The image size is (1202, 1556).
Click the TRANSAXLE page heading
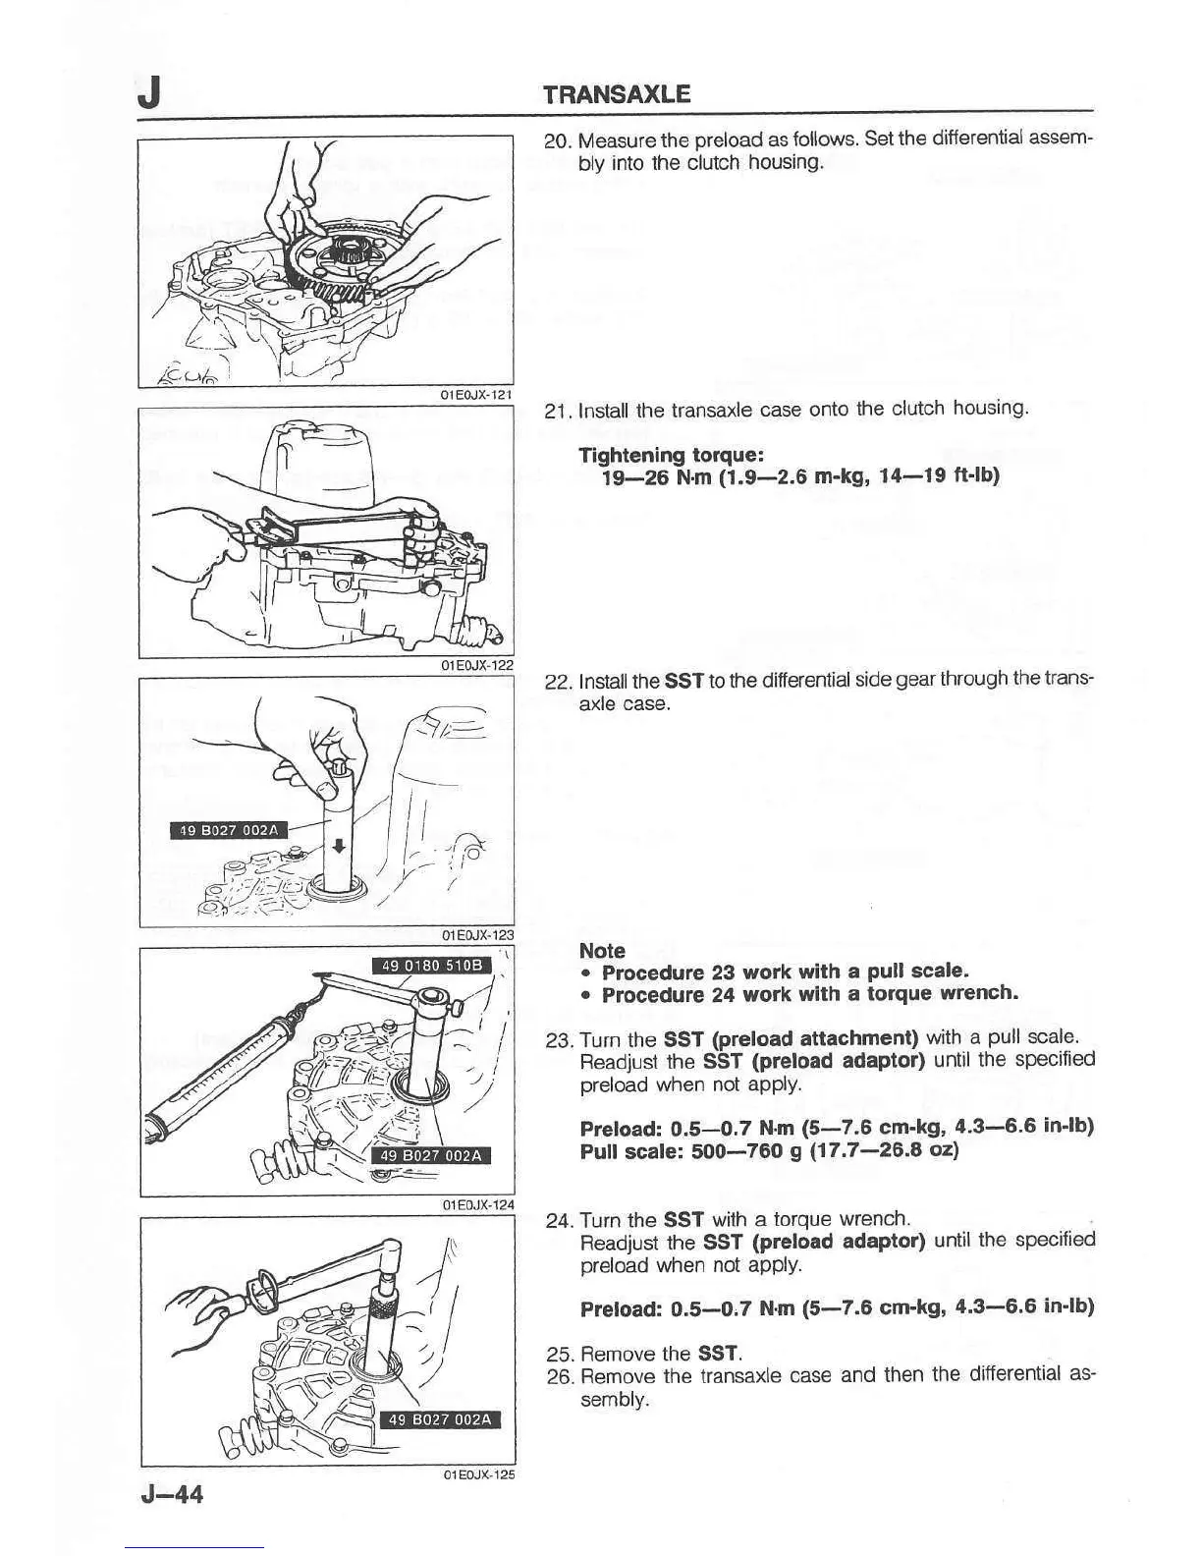618,94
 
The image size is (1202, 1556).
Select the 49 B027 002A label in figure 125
440,1419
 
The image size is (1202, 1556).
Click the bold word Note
602,950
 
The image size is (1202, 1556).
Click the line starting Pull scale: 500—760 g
769,1148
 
